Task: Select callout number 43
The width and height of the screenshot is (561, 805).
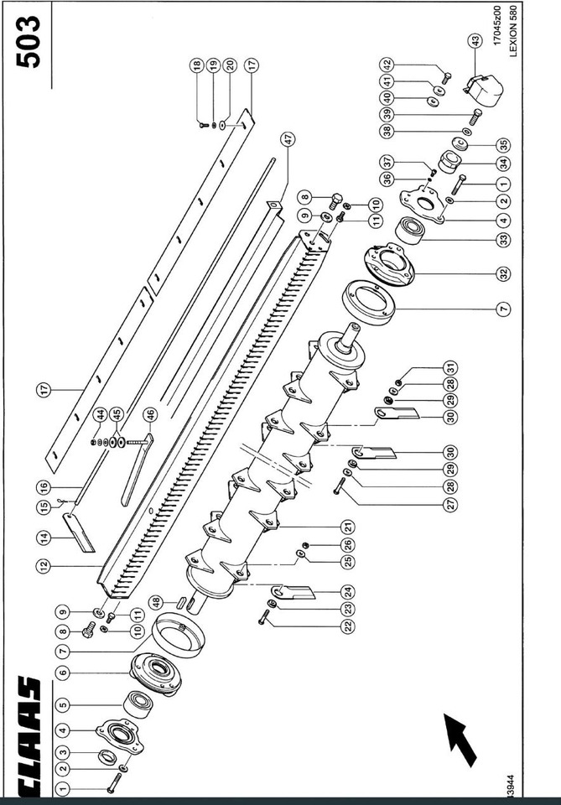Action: pyautogui.click(x=475, y=39)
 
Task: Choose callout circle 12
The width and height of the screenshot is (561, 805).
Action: pyautogui.click(x=43, y=567)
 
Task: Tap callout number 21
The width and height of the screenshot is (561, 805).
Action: pyautogui.click(x=347, y=526)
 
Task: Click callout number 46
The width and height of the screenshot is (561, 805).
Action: pyautogui.click(x=150, y=413)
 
